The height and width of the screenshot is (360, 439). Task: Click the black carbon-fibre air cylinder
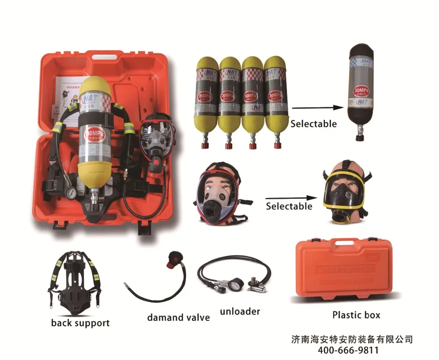click(x=361, y=90)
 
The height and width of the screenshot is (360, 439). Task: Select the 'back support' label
click(x=80, y=324)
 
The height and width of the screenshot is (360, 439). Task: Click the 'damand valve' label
click(x=178, y=317)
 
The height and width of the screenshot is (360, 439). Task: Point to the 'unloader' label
click(x=240, y=312)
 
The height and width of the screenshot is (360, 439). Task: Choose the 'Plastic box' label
click(x=356, y=315)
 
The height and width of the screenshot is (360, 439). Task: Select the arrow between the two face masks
click(x=291, y=198)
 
